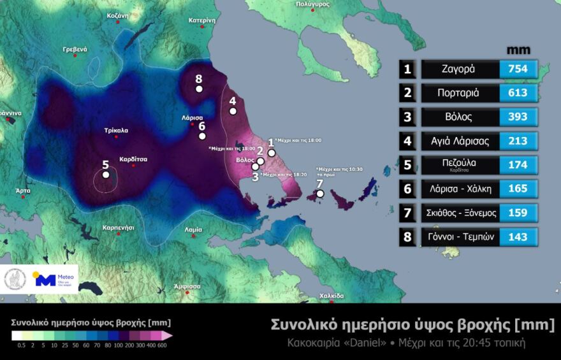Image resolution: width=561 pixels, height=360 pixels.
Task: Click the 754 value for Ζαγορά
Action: [518, 69]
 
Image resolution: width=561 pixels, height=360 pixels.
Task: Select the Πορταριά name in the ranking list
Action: [458, 92]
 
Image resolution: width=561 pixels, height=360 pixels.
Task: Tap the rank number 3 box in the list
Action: [407, 117]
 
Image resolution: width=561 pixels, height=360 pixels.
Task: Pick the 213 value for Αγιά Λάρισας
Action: [518, 141]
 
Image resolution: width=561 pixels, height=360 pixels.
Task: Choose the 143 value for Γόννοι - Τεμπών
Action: [518, 237]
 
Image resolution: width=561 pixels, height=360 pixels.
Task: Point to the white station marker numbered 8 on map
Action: [199, 89]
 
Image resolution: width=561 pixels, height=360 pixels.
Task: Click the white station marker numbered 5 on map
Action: [106, 175]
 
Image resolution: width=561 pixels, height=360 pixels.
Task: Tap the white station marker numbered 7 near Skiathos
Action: [320, 194]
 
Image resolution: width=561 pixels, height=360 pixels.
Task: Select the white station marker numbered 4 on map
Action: [233, 111]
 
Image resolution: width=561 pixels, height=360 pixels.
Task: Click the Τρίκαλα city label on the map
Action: [116, 130]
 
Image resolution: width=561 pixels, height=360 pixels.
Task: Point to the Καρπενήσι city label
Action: [119, 227]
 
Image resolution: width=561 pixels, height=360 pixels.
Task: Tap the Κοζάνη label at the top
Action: [118, 15]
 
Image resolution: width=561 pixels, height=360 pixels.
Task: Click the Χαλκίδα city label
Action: [331, 296]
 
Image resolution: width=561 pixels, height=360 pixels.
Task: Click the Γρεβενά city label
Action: [75, 49]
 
